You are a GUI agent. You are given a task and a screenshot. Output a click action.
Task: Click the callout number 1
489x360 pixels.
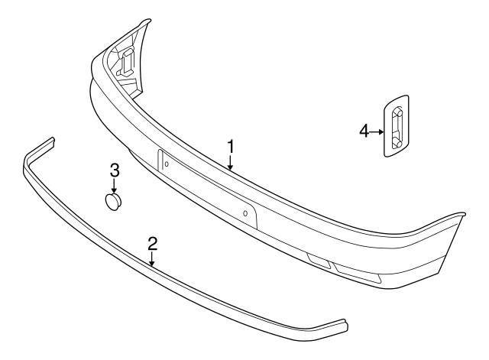[x=230, y=144]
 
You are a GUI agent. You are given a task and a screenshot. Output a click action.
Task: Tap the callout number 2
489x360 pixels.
[x=152, y=244]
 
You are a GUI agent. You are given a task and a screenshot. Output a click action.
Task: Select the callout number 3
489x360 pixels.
[x=114, y=170]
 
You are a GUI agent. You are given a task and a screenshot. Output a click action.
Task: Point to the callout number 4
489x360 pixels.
[x=364, y=131]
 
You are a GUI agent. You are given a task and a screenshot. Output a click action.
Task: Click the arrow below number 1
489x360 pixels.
[x=230, y=161]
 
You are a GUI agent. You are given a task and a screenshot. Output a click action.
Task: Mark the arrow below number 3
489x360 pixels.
[x=114, y=186]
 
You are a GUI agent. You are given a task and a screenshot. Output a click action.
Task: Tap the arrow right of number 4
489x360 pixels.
[x=377, y=131]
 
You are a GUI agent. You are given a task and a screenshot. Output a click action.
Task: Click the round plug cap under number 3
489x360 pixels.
[x=114, y=202]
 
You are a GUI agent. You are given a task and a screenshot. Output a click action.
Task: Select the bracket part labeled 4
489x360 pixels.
[x=396, y=125]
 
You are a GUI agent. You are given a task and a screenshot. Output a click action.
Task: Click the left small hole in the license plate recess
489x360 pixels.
[x=167, y=164]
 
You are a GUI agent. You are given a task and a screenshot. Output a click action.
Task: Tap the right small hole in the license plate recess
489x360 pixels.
[x=244, y=213]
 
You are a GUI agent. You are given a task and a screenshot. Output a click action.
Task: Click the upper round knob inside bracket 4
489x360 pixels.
[x=396, y=112]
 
